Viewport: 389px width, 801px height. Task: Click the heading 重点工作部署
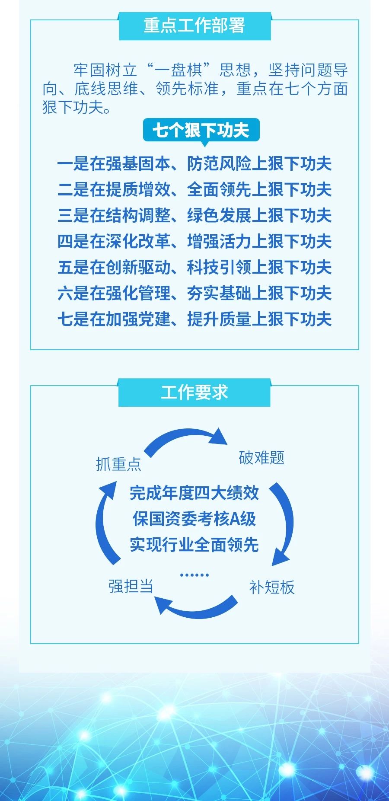(194, 26)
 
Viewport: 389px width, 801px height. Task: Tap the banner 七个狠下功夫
(201, 130)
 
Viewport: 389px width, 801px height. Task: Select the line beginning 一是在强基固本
(194, 164)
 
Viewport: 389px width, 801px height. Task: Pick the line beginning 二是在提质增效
(194, 190)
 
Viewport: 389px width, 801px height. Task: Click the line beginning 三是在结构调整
(194, 215)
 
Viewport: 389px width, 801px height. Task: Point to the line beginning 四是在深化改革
(194, 241)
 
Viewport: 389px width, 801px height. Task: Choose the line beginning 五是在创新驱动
(194, 267)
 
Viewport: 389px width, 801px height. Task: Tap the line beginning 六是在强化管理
(194, 293)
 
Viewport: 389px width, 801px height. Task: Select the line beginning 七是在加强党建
(194, 319)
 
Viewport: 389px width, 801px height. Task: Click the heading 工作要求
(194, 393)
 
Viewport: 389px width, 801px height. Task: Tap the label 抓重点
(118, 464)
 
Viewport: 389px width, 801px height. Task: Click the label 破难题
(261, 457)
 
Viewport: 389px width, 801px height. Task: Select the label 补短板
(272, 587)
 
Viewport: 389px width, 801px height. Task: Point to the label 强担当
(131, 586)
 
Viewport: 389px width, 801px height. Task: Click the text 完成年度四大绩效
(194, 493)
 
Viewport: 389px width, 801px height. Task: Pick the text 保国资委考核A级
(194, 519)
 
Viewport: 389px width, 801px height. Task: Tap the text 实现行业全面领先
(194, 545)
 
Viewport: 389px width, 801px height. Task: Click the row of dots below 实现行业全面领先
(194, 575)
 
